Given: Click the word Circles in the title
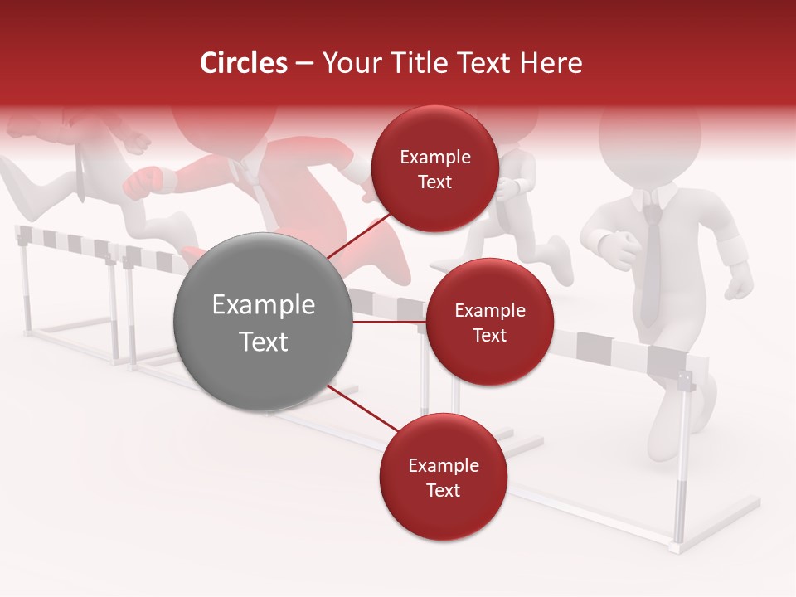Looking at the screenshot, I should click(244, 63).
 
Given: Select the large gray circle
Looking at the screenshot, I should click(263, 322).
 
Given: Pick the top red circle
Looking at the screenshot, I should click(434, 168).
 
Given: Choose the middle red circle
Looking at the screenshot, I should click(489, 322).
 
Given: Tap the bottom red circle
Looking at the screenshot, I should click(443, 477).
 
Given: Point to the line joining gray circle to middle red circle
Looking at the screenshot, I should click(390, 322).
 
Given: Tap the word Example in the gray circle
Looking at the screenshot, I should click(263, 305).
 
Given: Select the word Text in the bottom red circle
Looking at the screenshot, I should click(443, 490).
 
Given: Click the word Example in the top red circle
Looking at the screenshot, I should click(434, 157).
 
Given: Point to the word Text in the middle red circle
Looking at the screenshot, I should click(489, 335).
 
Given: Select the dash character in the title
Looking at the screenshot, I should click(303, 63).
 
